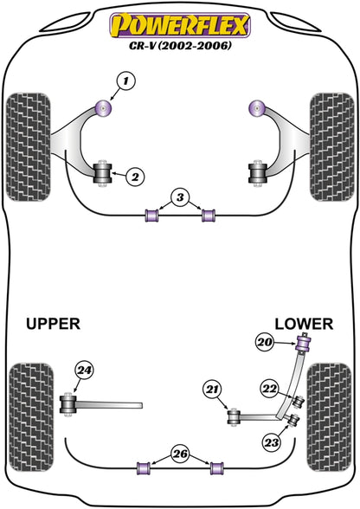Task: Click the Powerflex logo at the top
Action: point(180,25)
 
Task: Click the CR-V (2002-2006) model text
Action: point(181,45)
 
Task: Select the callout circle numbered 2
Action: point(134,177)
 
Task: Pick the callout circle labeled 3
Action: point(180,197)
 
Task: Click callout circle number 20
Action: point(265,342)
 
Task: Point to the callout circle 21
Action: point(212,389)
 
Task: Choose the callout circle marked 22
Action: point(270,389)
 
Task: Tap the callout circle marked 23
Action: point(272,442)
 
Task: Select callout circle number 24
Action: point(85,370)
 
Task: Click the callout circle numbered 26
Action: point(180,454)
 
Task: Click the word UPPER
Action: point(53,324)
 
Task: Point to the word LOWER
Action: point(304,324)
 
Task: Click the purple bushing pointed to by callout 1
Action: point(104,108)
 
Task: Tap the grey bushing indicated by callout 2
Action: point(103,173)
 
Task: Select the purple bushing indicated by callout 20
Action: point(304,343)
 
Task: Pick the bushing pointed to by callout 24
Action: point(68,405)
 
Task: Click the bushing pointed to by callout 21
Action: point(233,417)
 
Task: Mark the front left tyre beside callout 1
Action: point(29,147)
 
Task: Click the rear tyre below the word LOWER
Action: point(329,417)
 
